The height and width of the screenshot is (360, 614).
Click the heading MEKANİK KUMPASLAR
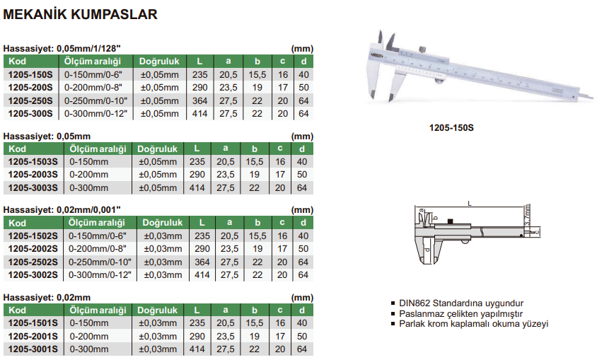tap(81, 14)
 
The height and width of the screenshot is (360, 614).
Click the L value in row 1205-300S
tap(199, 113)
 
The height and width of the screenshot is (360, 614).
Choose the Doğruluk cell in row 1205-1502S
tap(163, 236)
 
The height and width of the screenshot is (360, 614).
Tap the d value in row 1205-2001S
tap(303, 336)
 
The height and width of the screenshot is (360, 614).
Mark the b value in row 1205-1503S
tap(255, 162)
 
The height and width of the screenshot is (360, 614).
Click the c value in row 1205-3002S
tap(282, 274)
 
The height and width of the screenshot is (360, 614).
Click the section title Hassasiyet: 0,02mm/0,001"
tap(63, 210)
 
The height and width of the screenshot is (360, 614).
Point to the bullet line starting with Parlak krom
tap(473, 324)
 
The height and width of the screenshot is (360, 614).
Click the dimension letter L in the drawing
tap(469, 204)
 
